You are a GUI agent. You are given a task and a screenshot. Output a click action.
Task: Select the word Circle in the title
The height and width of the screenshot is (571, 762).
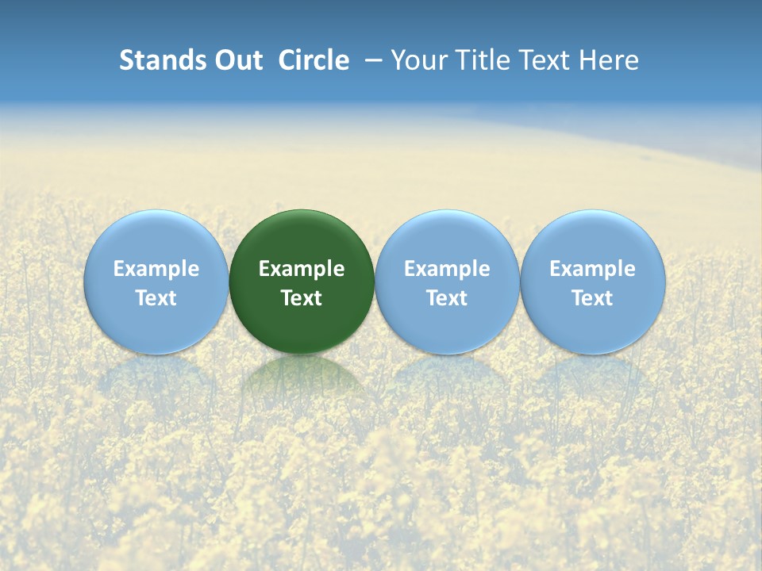pos(314,60)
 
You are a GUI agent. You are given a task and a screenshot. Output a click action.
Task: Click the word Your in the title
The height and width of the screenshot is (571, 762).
pos(417,60)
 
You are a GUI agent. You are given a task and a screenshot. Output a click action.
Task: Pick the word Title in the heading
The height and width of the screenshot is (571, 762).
pos(479,60)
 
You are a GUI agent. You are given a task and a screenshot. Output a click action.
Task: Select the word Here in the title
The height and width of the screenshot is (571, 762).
pos(610,60)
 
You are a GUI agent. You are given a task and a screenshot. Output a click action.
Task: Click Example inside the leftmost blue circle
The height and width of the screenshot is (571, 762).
pos(156,269)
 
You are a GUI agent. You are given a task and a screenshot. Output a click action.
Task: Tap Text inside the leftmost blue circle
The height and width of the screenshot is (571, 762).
pos(156,298)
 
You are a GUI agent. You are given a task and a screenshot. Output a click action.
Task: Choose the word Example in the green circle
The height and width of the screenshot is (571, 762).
pos(302,269)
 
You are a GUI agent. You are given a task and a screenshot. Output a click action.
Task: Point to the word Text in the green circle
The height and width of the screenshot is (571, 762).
pos(302,298)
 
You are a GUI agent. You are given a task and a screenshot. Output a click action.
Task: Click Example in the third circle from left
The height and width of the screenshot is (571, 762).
pos(447,269)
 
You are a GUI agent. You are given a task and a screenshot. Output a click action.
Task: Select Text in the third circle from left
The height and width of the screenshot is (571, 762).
pos(447,298)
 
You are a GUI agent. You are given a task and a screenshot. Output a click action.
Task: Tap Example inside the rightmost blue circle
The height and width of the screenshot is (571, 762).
pos(592,269)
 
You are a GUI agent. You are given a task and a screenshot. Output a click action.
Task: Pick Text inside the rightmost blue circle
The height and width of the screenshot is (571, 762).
pos(592,298)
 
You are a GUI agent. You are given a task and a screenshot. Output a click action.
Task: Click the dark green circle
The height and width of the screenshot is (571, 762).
pos(302,238)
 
